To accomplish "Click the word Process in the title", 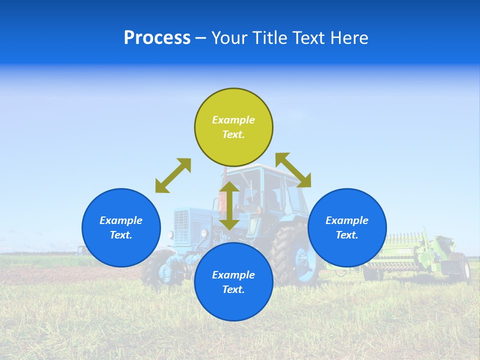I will (x=157, y=38).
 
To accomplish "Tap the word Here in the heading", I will (x=349, y=38).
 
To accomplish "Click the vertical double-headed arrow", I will (x=229, y=205).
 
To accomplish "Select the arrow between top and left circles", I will (x=173, y=175).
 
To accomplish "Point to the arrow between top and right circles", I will (x=293, y=170).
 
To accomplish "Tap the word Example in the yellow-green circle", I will (x=233, y=120).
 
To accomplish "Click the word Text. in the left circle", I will (x=121, y=235).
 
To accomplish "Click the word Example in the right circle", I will (x=347, y=220).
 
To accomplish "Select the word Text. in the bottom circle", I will (x=233, y=289).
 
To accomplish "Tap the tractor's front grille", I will (x=182, y=225).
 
